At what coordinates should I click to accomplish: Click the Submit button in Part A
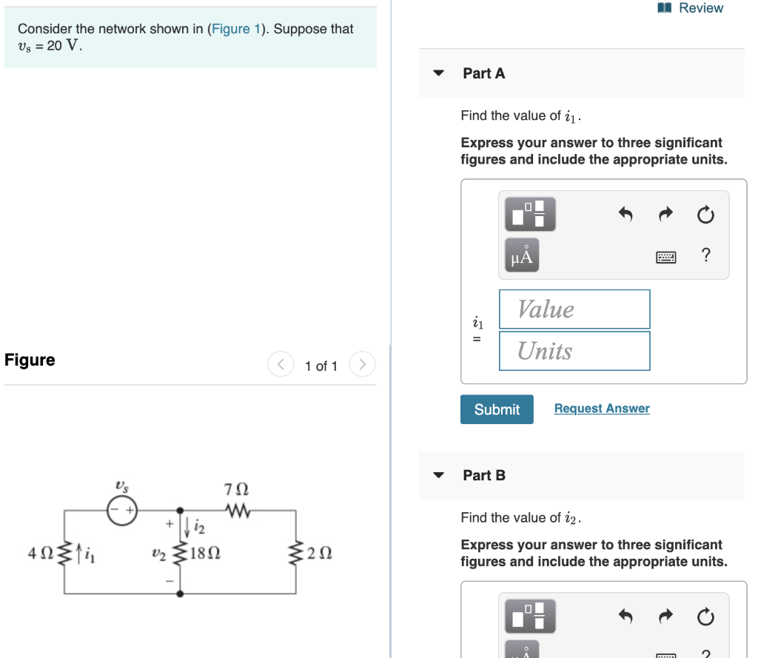pos(496,409)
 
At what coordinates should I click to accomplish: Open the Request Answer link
pos(601,409)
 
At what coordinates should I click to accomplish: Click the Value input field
pos(574,309)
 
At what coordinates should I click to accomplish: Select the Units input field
pos(574,351)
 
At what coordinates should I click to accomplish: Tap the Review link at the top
pos(691,8)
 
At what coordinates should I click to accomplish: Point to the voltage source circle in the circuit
pos(121,511)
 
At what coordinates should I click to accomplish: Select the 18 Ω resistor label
pos(204,553)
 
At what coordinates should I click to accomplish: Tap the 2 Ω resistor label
pos(320,553)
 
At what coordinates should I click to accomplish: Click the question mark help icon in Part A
pos(706,256)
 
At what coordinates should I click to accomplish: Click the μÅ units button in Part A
pos(521,256)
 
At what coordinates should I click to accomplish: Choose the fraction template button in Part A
pos(529,214)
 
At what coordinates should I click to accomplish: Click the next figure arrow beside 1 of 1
pos(362,365)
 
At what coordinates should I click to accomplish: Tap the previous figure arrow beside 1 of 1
pos(281,365)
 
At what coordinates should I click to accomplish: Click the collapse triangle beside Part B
pos(439,475)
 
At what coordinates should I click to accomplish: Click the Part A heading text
pos(483,73)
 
